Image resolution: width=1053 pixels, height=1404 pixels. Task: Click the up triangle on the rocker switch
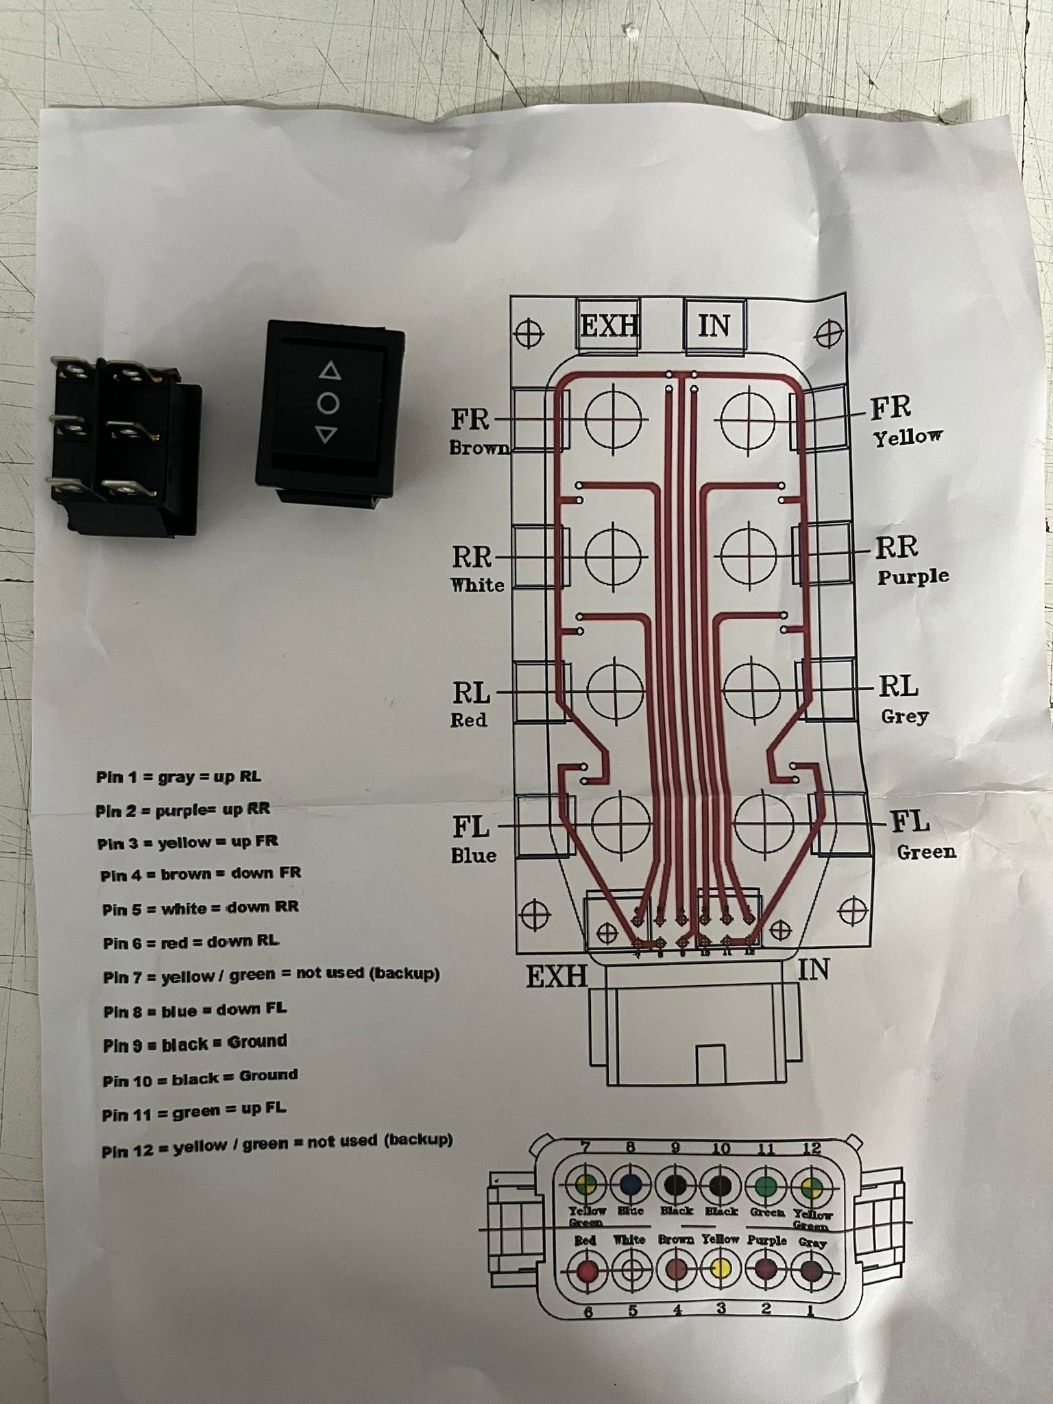click(x=330, y=372)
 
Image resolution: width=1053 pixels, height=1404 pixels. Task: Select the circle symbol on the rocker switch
click(x=328, y=403)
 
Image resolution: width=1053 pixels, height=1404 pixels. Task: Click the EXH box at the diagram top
click(x=609, y=324)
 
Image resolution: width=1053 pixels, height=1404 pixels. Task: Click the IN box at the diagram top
click(x=714, y=325)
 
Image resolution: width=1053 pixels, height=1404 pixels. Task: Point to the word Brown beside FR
click(x=480, y=448)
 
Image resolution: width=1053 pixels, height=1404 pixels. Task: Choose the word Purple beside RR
click(x=913, y=577)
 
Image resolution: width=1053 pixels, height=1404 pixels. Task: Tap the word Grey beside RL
click(x=904, y=716)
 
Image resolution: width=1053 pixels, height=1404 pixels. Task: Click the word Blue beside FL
click(x=473, y=856)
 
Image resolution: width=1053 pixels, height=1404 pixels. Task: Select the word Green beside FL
click(x=926, y=852)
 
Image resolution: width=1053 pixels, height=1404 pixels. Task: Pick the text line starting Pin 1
click(x=178, y=777)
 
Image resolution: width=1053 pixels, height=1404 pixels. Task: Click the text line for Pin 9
click(x=195, y=1043)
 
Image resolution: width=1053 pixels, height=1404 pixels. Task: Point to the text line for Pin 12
click(x=277, y=1142)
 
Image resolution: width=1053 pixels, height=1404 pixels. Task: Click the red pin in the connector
click(x=587, y=1270)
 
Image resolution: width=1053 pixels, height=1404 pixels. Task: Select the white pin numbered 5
click(x=631, y=1270)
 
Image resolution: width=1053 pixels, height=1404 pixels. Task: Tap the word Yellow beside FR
click(x=908, y=437)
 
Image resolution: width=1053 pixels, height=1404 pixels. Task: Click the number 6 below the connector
click(x=588, y=1312)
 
